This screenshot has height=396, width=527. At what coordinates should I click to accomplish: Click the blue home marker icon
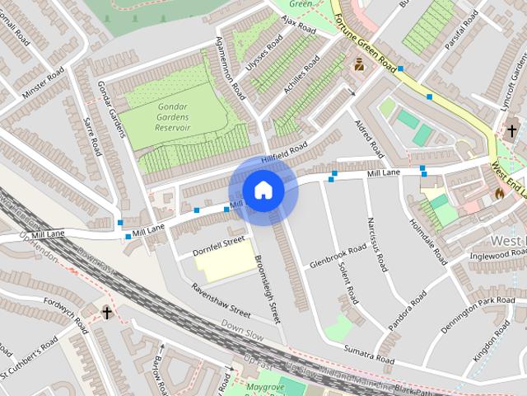click(262, 191)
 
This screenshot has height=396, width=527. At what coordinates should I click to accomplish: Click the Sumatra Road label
click(369, 354)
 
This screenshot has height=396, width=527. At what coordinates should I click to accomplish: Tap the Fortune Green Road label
click(365, 46)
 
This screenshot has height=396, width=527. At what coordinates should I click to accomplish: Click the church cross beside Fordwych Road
click(106, 312)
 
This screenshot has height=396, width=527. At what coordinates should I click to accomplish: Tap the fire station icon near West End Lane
click(499, 193)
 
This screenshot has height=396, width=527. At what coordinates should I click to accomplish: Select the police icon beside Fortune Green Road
click(359, 64)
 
